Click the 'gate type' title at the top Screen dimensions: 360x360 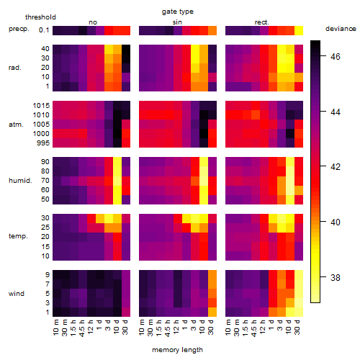(x=178, y=12)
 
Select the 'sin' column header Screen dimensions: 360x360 (x=177, y=22)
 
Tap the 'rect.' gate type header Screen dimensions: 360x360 (x=261, y=22)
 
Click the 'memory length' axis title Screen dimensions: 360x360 (x=177, y=350)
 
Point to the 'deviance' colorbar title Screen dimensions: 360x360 (x=341, y=29)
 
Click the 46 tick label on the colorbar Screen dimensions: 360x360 (x=336, y=57)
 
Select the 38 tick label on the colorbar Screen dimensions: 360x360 (x=336, y=278)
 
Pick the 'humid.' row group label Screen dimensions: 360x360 (x=20, y=181)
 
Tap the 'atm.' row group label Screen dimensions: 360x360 (x=16, y=125)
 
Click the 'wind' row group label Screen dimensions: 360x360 (x=17, y=294)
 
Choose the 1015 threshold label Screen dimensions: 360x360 (x=41, y=106)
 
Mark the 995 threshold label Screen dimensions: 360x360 (x=43, y=143)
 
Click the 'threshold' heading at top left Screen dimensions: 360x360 (x=40, y=17)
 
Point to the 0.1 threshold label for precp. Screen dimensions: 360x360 (x=44, y=30)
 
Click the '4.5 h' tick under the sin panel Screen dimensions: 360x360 (x=167, y=328)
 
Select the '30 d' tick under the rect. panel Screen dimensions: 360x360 (x=297, y=327)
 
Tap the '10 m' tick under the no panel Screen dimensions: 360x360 (x=55, y=328)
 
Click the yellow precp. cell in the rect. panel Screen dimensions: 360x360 (x=299, y=31)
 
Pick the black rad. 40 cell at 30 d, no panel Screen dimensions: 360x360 (x=126, y=49)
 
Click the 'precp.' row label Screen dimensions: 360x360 (x=19, y=29)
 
